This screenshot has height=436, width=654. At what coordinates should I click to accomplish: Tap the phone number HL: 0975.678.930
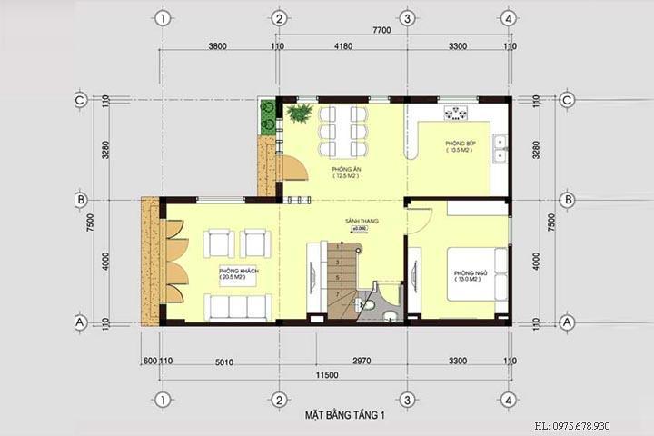click(584, 425)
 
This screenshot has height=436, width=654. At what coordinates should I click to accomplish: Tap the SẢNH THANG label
click(361, 221)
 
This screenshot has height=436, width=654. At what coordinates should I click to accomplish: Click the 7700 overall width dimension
click(380, 30)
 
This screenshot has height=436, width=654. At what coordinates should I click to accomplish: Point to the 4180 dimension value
click(342, 45)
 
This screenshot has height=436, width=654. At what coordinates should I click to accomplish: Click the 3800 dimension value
click(217, 45)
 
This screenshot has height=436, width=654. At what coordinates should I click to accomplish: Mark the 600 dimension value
click(149, 362)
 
